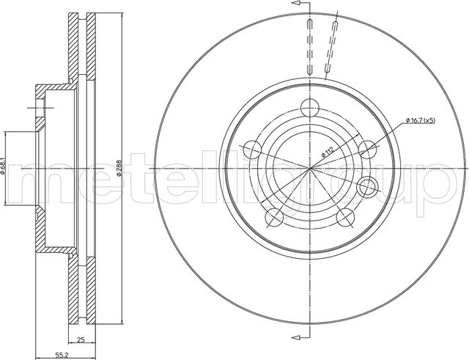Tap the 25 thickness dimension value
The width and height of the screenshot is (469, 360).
click(x=82, y=339)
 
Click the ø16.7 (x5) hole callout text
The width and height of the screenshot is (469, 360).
click(x=419, y=120)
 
